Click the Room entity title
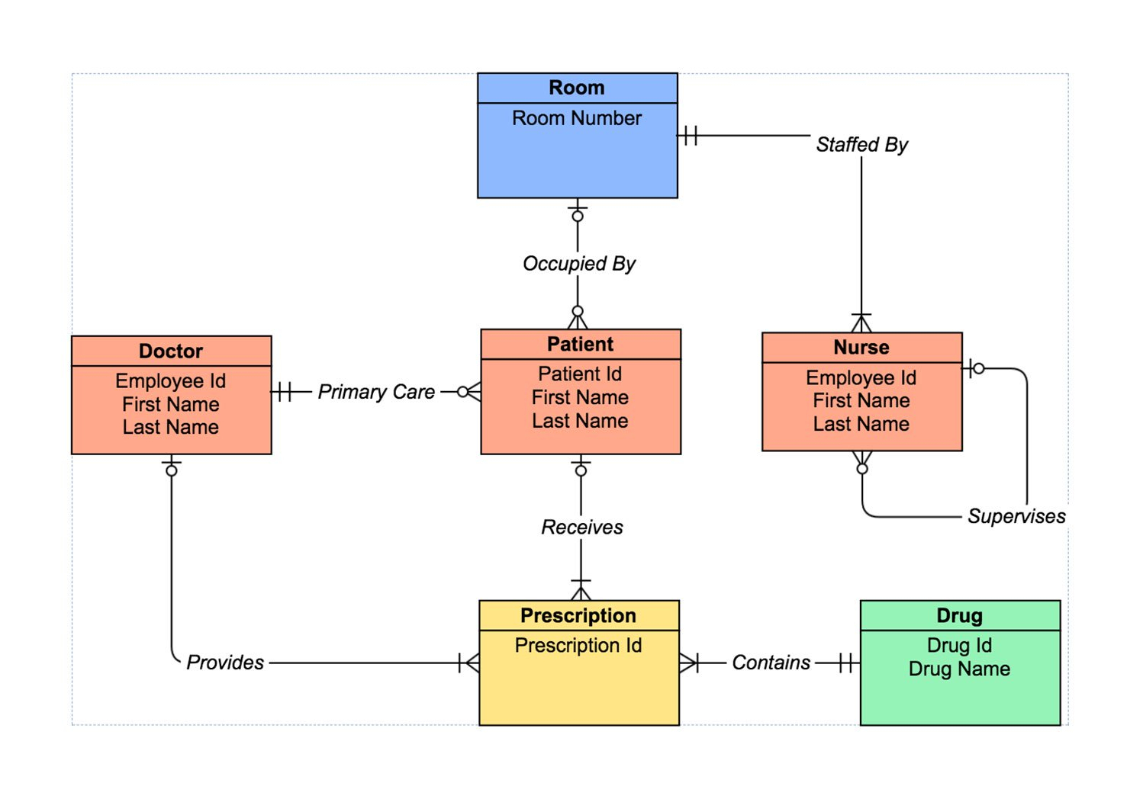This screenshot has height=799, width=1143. [577, 88]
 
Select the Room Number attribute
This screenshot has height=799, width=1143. [577, 118]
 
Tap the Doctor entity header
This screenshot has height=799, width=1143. [171, 351]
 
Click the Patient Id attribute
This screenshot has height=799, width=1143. [580, 374]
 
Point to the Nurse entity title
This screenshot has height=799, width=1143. [861, 347]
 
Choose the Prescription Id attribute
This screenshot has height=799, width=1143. [578, 645]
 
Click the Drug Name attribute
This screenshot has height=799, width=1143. [959, 669]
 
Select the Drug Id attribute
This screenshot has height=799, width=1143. [959, 645]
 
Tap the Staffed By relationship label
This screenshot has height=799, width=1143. [861, 144]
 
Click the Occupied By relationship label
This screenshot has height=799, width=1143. [578, 263]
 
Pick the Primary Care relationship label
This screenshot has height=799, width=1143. [376, 392]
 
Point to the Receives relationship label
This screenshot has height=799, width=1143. [581, 527]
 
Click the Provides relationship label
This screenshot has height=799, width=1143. [225, 663]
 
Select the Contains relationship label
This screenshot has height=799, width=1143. [771, 663]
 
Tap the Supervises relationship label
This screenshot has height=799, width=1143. [1016, 516]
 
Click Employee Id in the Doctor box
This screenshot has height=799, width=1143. [171, 380]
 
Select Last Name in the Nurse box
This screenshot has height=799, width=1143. [861, 424]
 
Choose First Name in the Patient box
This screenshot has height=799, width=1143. [580, 397]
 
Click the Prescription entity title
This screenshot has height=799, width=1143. [578, 615]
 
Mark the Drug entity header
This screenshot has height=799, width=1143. [959, 615]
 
